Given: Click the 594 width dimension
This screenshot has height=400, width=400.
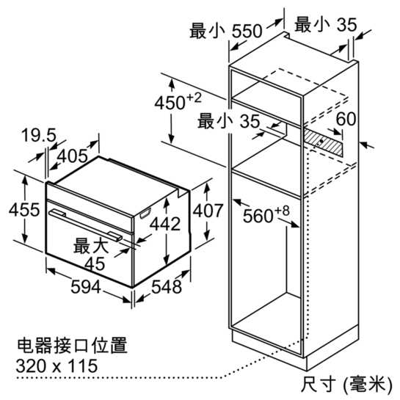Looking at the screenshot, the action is point(86,286).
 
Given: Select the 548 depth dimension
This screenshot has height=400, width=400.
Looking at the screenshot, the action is point(167,286).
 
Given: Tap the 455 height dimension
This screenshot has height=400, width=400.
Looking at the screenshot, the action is point(24,210).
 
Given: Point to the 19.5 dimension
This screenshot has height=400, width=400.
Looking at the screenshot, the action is point(38,135).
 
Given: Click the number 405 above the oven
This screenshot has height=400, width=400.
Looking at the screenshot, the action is point(73,156).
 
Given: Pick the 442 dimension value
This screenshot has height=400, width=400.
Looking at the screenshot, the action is point(165,224).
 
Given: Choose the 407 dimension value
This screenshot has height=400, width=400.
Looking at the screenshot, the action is point(208,211).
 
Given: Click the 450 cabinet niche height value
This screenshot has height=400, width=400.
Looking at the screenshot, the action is point(170,103).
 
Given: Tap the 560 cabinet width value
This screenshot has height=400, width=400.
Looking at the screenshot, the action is point(258,216).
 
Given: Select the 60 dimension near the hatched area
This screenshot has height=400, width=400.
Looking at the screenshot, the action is point(346,119).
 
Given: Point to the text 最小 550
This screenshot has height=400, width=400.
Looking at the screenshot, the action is point(226,31).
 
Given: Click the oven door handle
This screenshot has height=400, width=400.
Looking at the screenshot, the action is point(85,225).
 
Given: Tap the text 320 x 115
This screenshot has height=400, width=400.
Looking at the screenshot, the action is point(57,366).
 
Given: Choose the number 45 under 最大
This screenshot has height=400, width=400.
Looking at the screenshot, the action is point(95,263).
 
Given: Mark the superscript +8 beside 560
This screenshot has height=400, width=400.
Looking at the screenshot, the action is point(282,211).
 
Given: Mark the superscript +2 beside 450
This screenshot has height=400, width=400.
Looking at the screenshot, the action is point(194,98).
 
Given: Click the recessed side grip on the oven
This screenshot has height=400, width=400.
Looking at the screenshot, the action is point(145,214).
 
